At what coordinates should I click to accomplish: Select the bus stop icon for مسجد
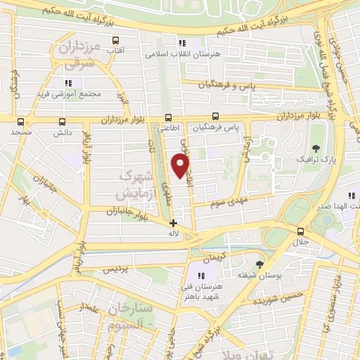point(21,120)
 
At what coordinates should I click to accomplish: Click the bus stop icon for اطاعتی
point(167,117)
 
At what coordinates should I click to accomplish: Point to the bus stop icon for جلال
point(301,231)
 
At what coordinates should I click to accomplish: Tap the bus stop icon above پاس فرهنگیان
point(216,117)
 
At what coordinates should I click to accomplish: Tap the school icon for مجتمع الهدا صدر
point(350,196)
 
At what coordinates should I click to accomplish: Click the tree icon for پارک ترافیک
point(316,148)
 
